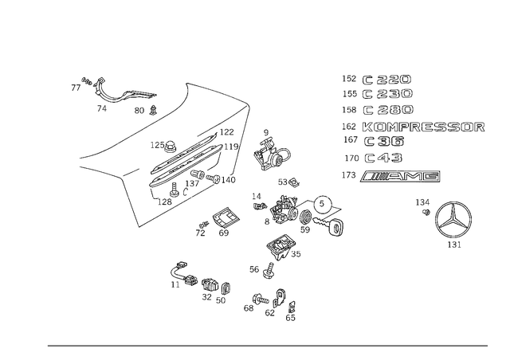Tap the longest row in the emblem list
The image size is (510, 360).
tap(414, 127)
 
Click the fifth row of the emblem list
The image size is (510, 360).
tap(375, 143)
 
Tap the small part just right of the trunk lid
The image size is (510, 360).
tap(271, 151)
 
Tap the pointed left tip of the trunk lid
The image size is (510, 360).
tap(80, 159)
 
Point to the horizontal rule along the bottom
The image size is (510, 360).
tap(267, 345)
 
